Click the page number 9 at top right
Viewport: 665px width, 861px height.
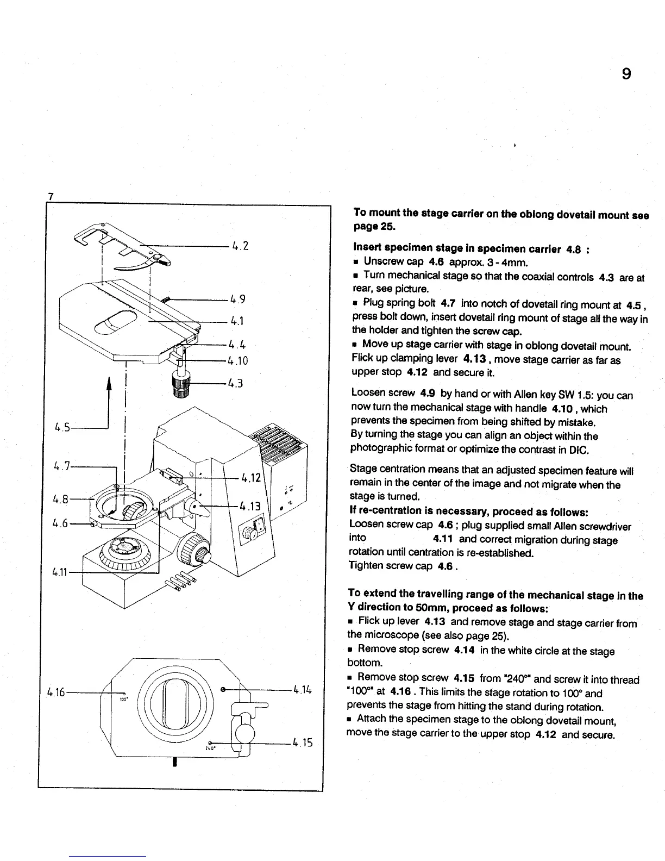pos(626,73)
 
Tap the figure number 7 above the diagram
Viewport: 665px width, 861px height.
pos(50,196)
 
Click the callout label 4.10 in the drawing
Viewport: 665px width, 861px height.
pos(238,360)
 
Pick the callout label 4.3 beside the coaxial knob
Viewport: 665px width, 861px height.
pos(235,384)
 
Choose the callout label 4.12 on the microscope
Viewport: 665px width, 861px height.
pos(252,478)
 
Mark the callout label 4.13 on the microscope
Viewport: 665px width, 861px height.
pos(251,507)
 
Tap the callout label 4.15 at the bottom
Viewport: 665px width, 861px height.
pos(302,742)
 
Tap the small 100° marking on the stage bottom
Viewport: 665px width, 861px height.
pos(123,700)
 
